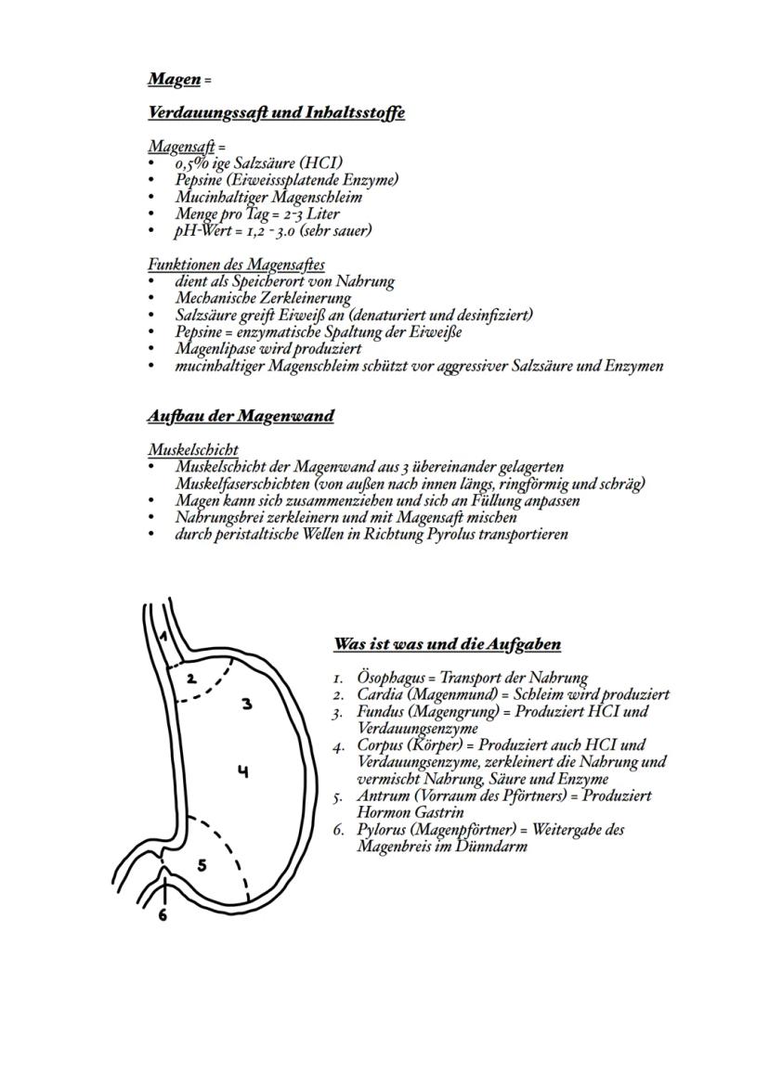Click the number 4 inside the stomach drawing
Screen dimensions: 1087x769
(242, 770)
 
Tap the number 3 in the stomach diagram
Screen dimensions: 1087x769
(247, 704)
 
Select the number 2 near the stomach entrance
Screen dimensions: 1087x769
(190, 678)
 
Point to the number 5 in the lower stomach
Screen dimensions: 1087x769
(202, 865)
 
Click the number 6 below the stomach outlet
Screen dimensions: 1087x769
(163, 914)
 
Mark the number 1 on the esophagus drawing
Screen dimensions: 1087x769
(162, 637)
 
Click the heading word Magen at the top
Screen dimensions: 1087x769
(174, 79)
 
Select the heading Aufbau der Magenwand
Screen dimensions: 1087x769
(241, 416)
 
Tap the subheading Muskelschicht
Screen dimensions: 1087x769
(192, 449)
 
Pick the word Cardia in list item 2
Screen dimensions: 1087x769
(379, 694)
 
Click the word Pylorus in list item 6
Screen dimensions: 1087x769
(382, 829)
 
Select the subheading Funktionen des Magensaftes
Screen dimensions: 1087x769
(236, 265)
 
